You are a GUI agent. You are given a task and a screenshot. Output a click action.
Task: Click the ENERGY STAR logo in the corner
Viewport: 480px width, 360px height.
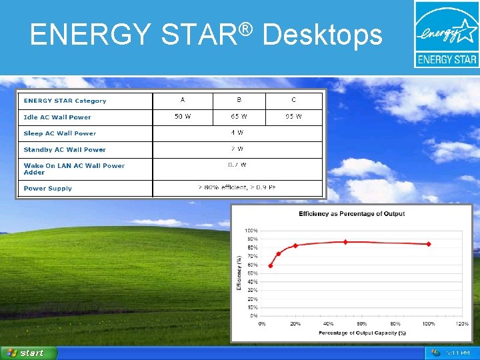pyautogui.click(x=446, y=34)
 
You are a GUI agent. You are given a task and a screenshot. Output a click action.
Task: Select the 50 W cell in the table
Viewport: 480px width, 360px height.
pyautogui.click(x=183, y=117)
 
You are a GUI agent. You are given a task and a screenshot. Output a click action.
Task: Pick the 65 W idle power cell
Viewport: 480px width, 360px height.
pyautogui.click(x=239, y=117)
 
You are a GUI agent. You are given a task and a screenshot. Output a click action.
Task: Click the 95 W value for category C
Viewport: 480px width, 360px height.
pyautogui.click(x=293, y=117)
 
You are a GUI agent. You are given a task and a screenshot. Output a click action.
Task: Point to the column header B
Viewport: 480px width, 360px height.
pyautogui.click(x=239, y=100)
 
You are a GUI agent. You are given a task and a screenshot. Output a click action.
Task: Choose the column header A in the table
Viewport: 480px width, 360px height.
pyautogui.click(x=183, y=100)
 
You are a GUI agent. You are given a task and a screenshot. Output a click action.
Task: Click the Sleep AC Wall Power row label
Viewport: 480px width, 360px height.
pyautogui.click(x=60, y=133)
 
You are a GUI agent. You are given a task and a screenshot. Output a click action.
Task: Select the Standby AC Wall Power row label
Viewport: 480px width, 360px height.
pyautogui.click(x=65, y=149)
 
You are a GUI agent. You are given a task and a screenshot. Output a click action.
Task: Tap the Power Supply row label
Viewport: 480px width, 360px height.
pyautogui.click(x=48, y=189)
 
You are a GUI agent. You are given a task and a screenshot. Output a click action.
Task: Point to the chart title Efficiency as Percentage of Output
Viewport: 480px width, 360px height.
pyautogui.click(x=352, y=214)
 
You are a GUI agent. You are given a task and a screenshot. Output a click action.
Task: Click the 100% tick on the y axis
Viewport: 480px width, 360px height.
pyautogui.click(x=252, y=231)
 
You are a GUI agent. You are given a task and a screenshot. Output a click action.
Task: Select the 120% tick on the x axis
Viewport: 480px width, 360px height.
pyautogui.click(x=461, y=324)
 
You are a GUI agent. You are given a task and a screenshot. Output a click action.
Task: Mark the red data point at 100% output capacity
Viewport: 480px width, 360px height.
pyautogui.click(x=429, y=244)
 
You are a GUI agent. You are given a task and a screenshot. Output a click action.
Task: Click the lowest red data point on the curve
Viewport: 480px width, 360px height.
pyautogui.click(x=270, y=265)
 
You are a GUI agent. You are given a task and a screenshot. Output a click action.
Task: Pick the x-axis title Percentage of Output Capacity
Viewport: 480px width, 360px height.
pyautogui.click(x=362, y=333)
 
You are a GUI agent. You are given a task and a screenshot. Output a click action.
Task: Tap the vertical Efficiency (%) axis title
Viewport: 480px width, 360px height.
pyautogui.click(x=239, y=273)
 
